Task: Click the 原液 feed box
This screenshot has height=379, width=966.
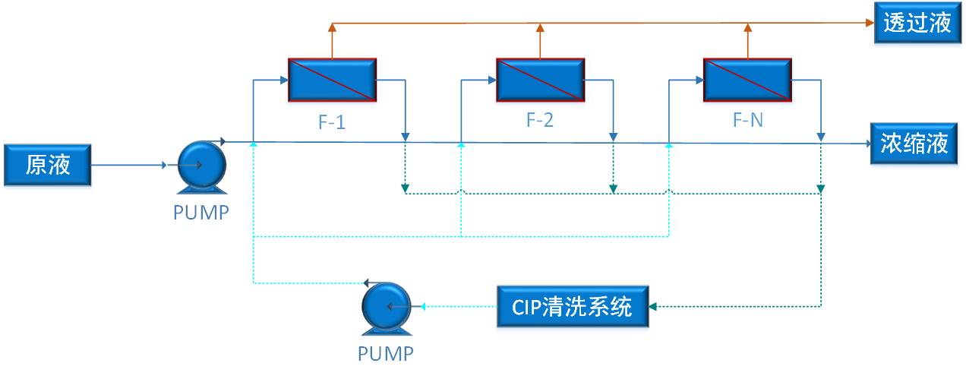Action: pyautogui.click(x=48, y=165)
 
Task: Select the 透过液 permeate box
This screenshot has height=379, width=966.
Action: pyautogui.click(x=917, y=24)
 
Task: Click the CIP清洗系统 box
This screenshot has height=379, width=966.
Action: pyautogui.click(x=573, y=307)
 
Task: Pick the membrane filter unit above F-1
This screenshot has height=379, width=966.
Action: pyautogui.click(x=332, y=79)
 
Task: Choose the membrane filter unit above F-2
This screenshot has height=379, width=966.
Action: pyautogui.click(x=540, y=79)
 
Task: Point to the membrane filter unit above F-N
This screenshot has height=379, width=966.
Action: pyautogui.click(x=747, y=79)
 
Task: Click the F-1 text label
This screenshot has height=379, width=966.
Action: pyautogui.click(x=332, y=122)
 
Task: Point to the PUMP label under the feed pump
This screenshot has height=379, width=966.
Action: pyautogui.click(x=200, y=213)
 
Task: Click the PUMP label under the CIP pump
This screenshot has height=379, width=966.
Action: pyautogui.click(x=386, y=353)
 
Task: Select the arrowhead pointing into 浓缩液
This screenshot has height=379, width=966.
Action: pyautogui.click(x=867, y=143)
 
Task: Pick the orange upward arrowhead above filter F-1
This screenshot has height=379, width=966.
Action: pyautogui.click(x=332, y=28)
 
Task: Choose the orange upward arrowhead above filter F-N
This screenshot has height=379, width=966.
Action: pyautogui.click(x=747, y=28)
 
